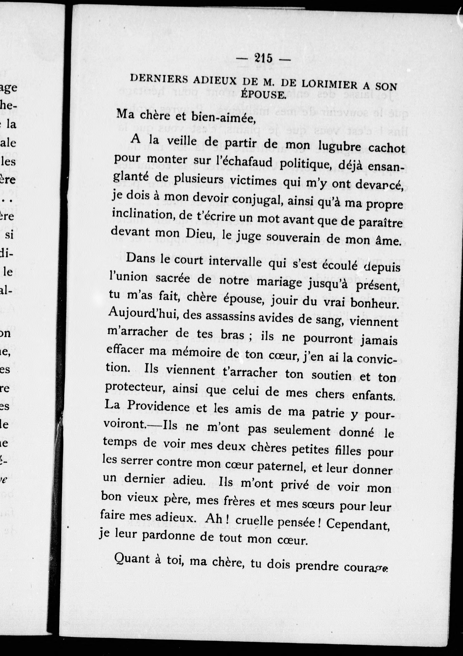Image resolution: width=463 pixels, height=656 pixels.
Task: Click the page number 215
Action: (x=263, y=58)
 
